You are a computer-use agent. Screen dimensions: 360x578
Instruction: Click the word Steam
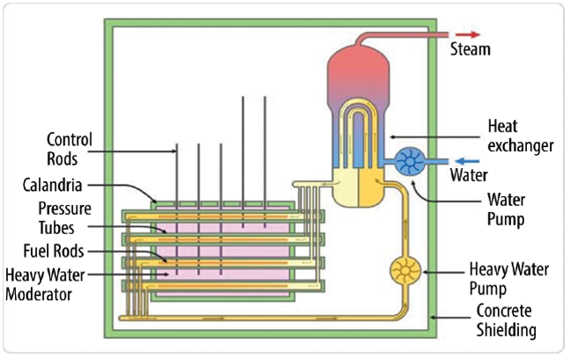point(470,49)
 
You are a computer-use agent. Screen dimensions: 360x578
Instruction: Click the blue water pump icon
point(409,162)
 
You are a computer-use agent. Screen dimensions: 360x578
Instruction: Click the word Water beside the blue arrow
point(470,177)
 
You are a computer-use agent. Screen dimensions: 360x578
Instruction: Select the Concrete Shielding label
point(506,320)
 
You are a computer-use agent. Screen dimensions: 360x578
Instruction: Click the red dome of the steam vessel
point(356,70)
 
